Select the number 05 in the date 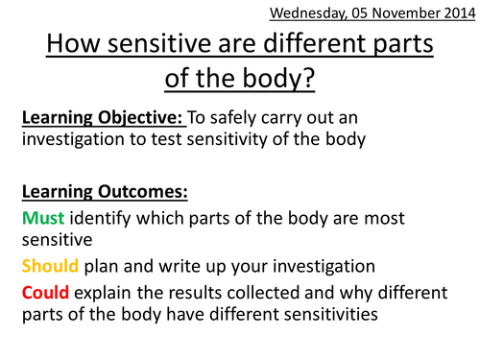coord(348,13)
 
